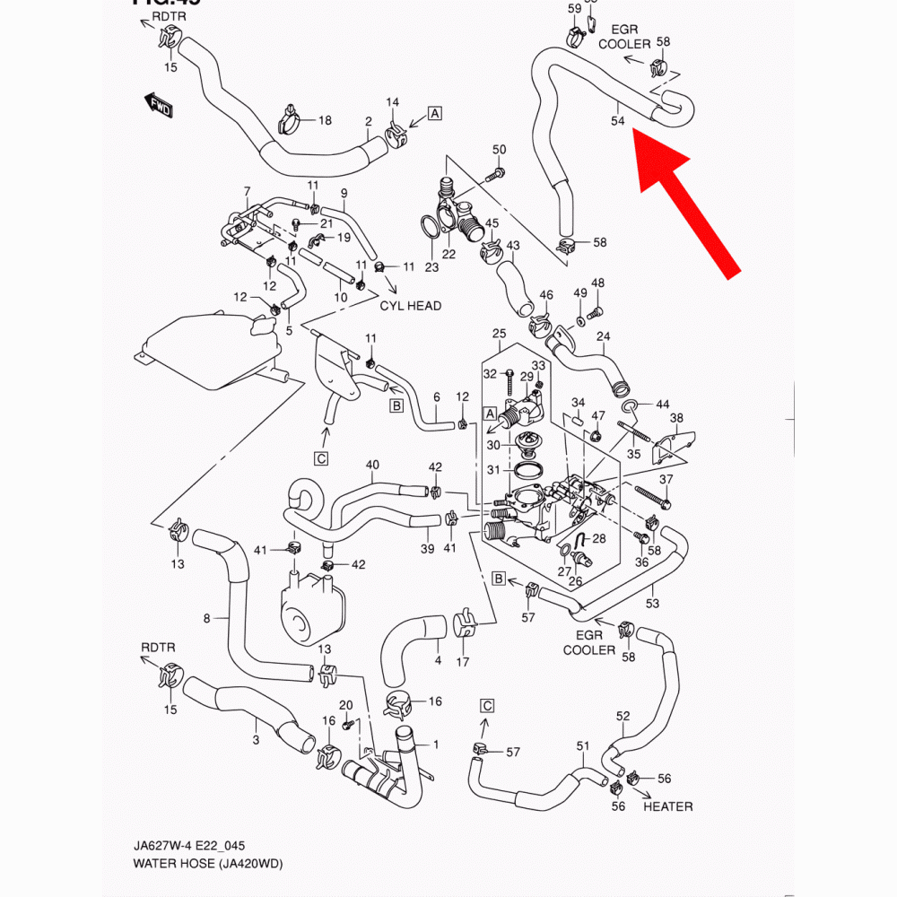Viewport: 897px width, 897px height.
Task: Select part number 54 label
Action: click(617, 120)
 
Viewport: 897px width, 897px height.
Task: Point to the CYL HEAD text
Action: click(411, 306)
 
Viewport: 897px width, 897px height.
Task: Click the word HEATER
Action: click(667, 806)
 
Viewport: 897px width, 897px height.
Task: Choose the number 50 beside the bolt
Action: click(500, 150)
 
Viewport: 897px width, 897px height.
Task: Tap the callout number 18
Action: click(325, 120)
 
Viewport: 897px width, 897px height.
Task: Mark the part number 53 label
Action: click(652, 603)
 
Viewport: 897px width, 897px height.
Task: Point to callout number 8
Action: click(207, 618)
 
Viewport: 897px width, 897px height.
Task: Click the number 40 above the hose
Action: click(372, 465)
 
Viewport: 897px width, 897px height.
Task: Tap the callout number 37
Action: click(665, 481)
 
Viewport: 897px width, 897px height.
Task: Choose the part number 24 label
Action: click(604, 337)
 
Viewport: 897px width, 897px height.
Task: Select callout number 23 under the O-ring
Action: click(431, 267)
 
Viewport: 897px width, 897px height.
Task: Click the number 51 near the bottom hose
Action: click(583, 746)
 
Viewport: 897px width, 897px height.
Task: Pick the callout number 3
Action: click(256, 740)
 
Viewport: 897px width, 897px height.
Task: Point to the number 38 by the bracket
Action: click(676, 418)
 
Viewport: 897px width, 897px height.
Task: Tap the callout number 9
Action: click(344, 193)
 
